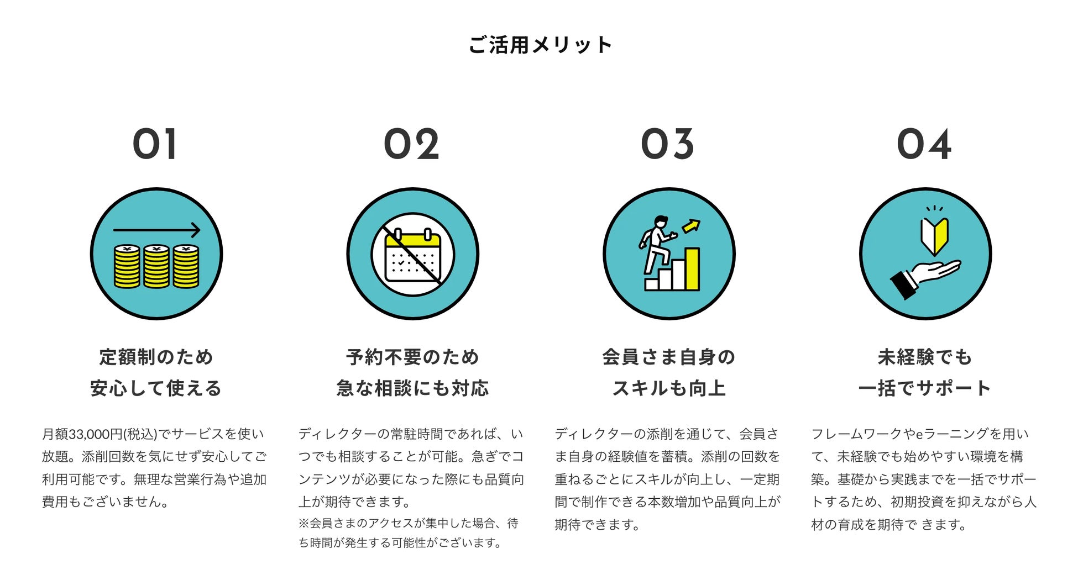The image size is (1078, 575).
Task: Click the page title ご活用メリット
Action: (540, 45)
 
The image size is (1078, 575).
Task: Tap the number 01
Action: (155, 144)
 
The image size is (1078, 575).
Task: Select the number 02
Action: (411, 144)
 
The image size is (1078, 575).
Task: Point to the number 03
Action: (667, 144)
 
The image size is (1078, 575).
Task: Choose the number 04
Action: (924, 144)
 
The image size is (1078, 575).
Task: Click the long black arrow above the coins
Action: (156, 230)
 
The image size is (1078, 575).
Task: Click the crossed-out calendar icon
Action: (412, 255)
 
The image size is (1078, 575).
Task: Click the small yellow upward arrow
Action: (691, 225)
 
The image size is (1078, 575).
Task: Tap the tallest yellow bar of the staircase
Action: (692, 268)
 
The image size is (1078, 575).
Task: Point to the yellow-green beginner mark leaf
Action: (934, 235)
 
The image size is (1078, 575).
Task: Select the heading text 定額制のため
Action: (156, 357)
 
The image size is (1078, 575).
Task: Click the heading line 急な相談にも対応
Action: (412, 388)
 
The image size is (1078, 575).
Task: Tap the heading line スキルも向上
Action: (668, 388)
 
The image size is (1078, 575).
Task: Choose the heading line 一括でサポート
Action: (924, 388)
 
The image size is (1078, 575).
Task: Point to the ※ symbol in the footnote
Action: (303, 523)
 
